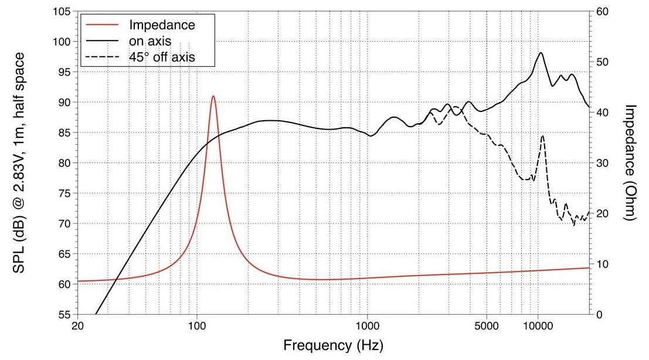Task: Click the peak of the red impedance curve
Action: point(213,96)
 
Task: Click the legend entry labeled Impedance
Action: point(161,25)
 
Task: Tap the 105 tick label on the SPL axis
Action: point(62,12)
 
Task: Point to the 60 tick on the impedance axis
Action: point(602,12)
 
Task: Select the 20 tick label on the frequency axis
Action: point(78,325)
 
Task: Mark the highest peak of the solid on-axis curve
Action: point(540,53)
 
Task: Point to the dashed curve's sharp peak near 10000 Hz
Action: point(542,136)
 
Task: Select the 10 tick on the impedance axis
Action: point(602,264)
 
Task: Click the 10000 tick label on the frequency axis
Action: point(538,325)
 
